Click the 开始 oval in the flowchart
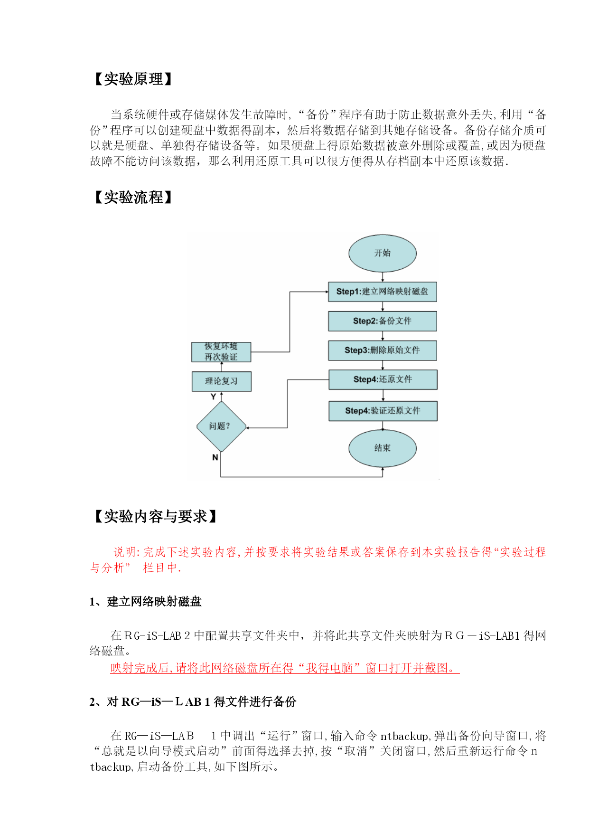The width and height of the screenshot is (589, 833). tap(383, 253)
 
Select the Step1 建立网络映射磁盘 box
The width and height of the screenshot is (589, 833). tap(383, 292)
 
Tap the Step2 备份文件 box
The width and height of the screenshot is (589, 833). tap(383, 321)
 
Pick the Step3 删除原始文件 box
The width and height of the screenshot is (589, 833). tap(383, 350)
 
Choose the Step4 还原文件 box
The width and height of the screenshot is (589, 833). tap(383, 379)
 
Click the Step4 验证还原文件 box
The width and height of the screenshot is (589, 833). tap(383, 411)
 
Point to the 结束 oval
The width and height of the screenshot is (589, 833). tap(383, 448)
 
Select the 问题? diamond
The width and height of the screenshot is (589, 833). tap(221, 426)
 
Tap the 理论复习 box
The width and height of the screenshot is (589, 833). tap(222, 381)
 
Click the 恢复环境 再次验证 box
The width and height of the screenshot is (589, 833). tap(221, 352)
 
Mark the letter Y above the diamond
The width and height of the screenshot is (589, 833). tap(213, 397)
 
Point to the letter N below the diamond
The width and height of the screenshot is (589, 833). tap(215, 457)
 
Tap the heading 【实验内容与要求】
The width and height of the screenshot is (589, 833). tap(155, 516)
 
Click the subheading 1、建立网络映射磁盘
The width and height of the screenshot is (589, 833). tap(145, 602)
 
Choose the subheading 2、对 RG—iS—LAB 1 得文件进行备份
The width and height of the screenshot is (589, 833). tap(193, 701)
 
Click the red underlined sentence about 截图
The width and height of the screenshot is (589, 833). tap(285, 668)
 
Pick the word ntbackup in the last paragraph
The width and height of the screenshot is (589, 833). tap(404, 736)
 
